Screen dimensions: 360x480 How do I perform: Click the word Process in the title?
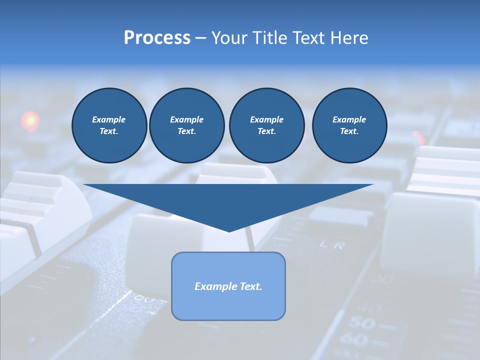tap(157, 38)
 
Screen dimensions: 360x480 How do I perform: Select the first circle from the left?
tap(109, 125)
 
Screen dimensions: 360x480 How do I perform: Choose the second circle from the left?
tap(186, 125)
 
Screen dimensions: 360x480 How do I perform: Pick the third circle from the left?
tap(266, 125)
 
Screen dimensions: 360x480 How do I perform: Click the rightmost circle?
tap(349, 125)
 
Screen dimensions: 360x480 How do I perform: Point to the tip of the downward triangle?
tap(229, 231)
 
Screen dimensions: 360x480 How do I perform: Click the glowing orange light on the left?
tap(30, 120)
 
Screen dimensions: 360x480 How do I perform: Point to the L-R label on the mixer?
tap(331, 245)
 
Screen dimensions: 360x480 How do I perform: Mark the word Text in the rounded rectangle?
tap(250, 286)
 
